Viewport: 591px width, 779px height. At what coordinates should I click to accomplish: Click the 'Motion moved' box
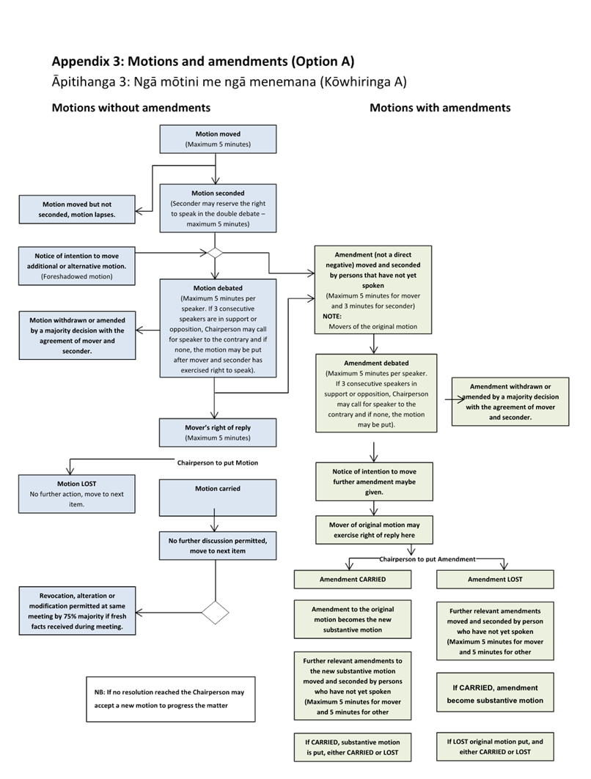218,139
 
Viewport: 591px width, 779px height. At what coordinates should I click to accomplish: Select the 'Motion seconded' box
218,208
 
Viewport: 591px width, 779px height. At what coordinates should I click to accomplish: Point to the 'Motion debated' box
218,328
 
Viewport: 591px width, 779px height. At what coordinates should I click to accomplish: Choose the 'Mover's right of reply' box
218,432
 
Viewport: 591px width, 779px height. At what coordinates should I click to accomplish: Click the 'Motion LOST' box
77,494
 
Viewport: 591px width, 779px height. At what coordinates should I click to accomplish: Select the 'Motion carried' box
218,498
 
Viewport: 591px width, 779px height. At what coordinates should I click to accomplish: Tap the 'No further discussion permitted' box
218,546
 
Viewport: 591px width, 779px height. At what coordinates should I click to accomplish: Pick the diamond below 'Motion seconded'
215,252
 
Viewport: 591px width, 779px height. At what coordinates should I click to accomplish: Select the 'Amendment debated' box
375,394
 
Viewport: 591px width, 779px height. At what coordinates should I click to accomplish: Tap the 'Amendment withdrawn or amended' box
510,402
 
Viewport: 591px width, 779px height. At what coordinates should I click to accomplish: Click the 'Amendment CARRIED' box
353,579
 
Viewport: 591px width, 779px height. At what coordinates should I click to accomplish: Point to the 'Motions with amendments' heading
440,108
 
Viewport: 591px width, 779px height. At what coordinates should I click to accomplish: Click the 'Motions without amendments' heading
131,108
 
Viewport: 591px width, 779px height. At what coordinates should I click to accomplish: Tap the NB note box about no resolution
170,698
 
